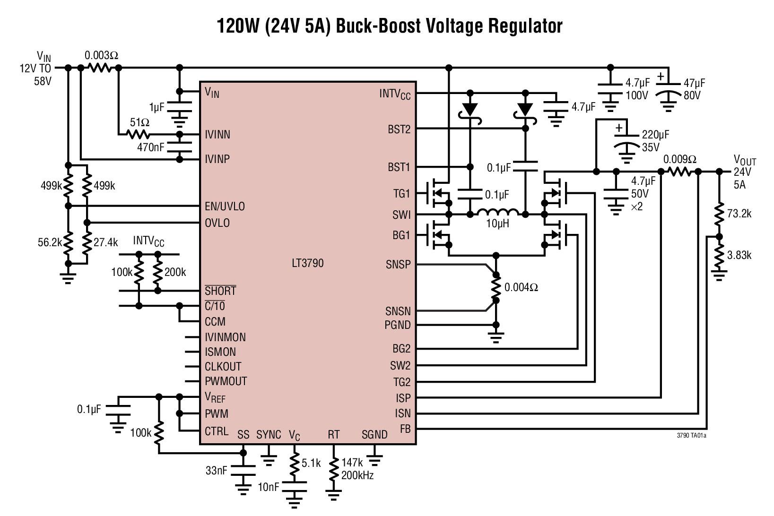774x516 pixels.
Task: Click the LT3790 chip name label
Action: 308,263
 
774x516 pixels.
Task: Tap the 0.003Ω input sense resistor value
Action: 101,55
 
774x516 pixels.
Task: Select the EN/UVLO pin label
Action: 225,206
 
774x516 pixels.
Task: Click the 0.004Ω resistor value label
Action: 521,287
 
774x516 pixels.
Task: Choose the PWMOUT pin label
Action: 226,381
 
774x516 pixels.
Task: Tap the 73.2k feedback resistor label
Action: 739,214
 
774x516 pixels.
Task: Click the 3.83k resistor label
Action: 739,255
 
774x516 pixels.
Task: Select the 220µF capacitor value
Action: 655,135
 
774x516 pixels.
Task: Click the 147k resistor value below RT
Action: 352,463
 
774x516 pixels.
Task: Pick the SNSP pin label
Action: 398,265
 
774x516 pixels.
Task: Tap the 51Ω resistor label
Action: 139,122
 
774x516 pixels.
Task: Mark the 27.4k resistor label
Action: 105,242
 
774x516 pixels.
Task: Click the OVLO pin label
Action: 217,223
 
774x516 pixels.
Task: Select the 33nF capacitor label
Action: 216,471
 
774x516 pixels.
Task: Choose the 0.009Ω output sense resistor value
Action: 679,159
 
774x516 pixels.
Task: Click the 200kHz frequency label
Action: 357,475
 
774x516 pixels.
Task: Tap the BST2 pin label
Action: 399,129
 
